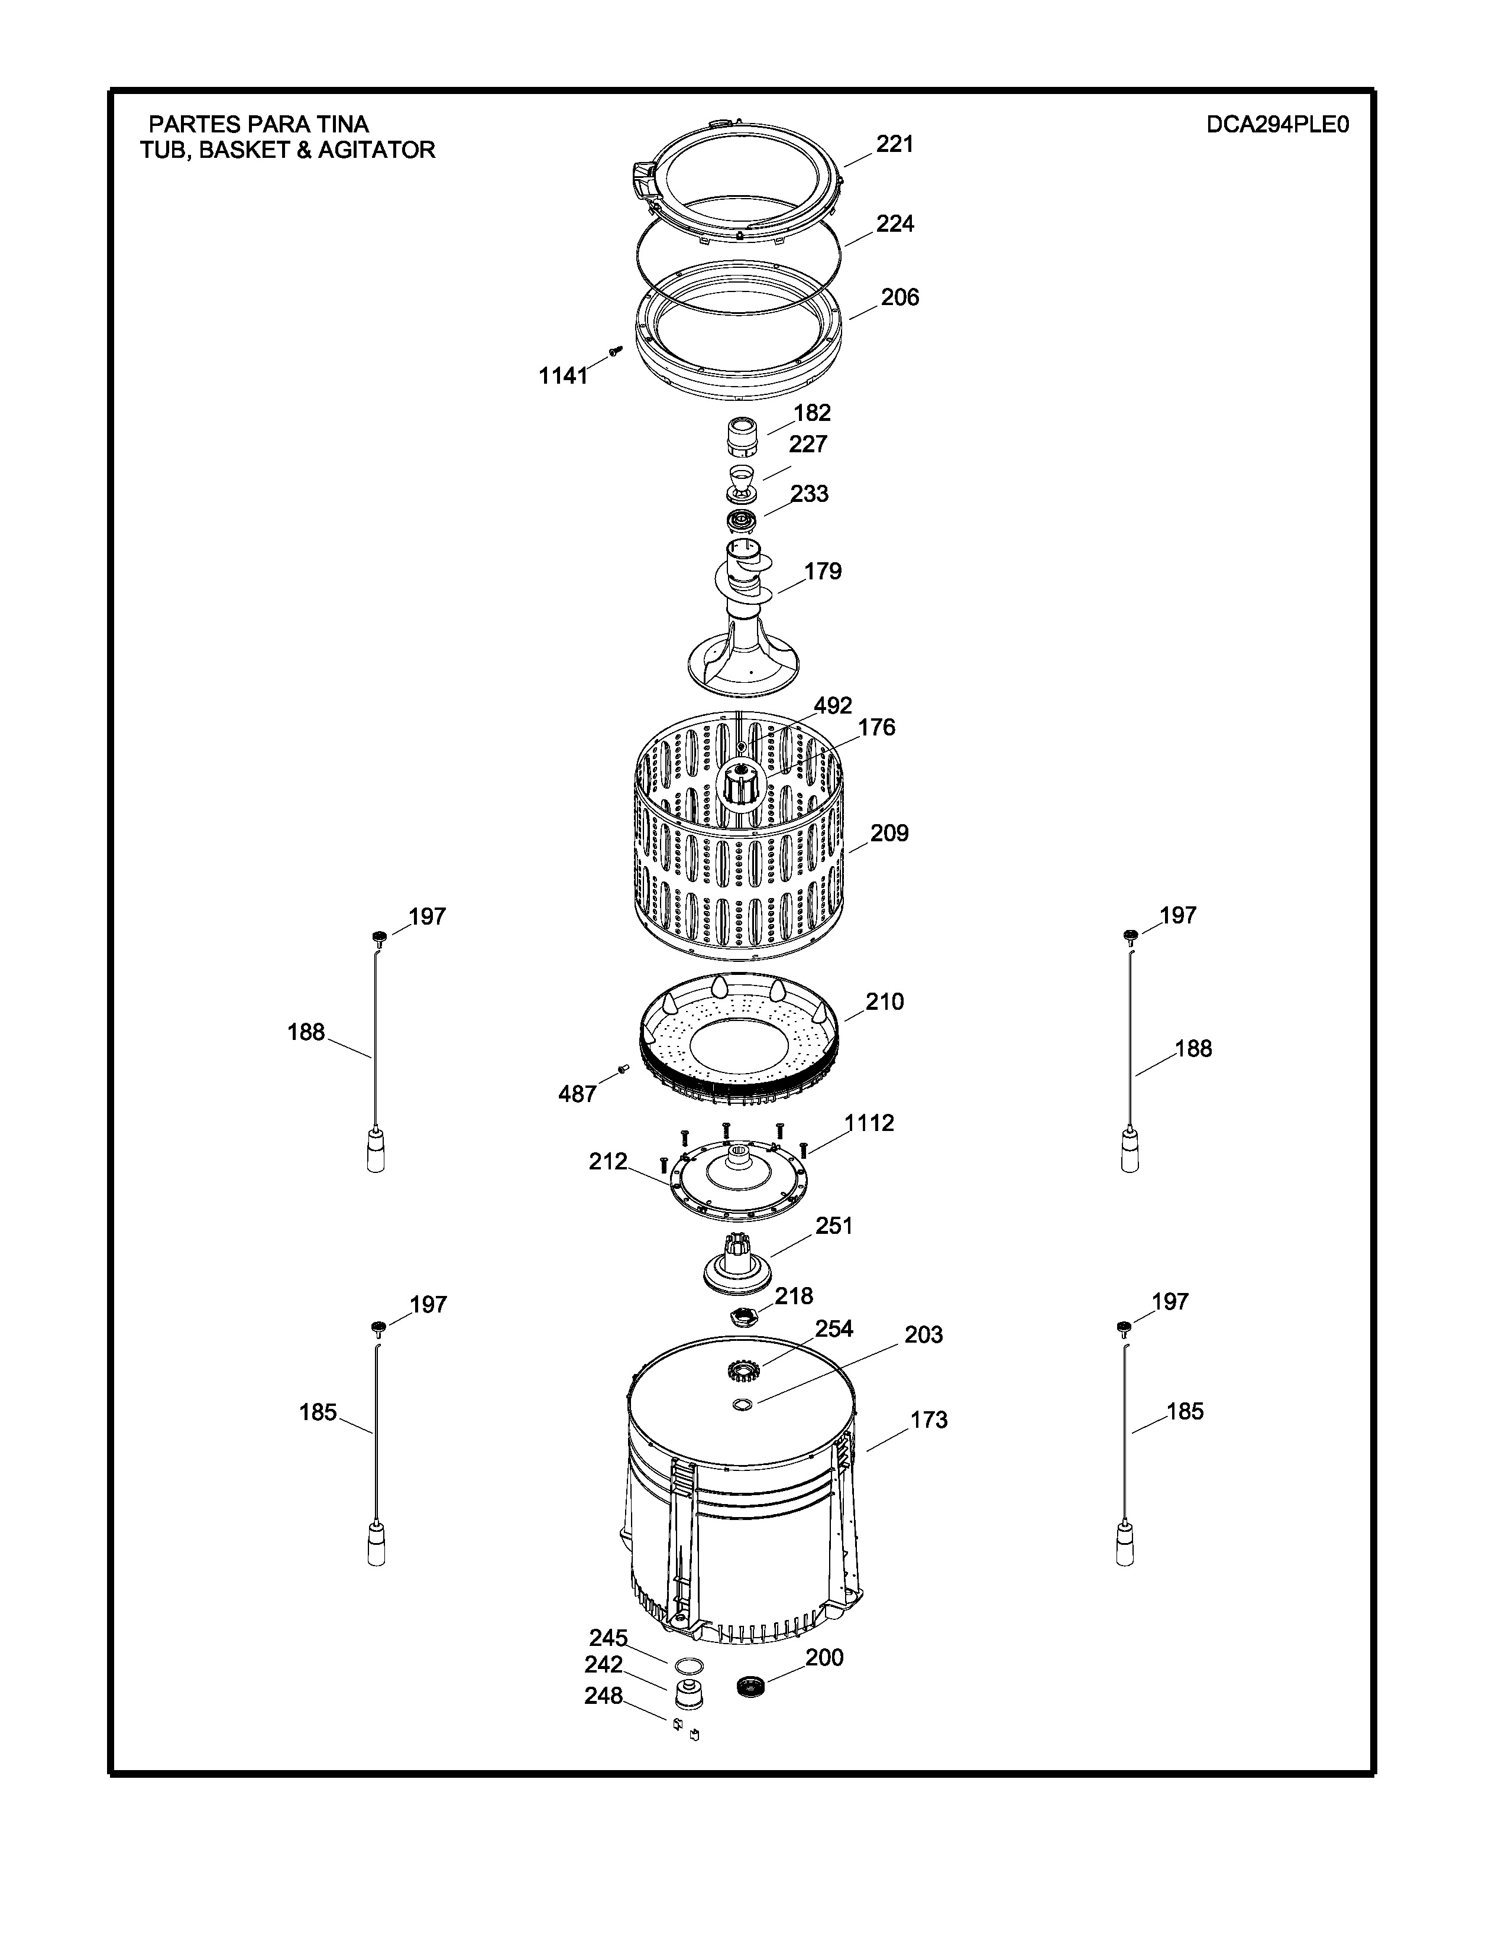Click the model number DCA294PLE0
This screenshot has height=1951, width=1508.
tap(1277, 125)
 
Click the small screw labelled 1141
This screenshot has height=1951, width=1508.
tap(614, 351)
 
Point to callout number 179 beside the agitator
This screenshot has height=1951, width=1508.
tap(823, 571)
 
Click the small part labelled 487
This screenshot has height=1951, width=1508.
tap(623, 1068)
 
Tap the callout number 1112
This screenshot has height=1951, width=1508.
tap(869, 1123)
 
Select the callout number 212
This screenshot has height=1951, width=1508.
tap(609, 1161)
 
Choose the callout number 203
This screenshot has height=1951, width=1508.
tap(924, 1334)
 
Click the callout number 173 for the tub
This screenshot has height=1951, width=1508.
tap(929, 1420)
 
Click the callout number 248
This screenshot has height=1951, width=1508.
tap(604, 1696)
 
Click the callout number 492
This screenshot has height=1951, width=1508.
tap(833, 706)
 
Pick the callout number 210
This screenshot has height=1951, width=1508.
tap(885, 1002)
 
